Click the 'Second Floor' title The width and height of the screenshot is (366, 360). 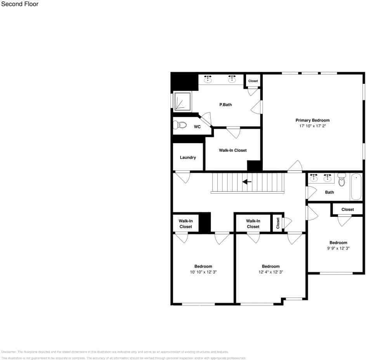[x=20, y=4]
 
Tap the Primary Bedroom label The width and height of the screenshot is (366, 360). [x=312, y=120]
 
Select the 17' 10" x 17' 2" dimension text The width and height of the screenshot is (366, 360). [x=312, y=126]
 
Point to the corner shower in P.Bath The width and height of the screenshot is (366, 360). [x=182, y=102]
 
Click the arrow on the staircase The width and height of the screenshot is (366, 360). [x=247, y=182]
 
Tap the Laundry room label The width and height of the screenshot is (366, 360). [x=188, y=157]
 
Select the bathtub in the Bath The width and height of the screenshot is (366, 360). [x=356, y=187]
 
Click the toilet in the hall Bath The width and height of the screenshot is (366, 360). [x=342, y=180]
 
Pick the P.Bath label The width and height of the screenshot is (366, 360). [x=225, y=104]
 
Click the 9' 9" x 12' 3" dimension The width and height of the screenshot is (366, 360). [x=338, y=248]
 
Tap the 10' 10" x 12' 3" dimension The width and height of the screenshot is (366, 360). [x=203, y=272]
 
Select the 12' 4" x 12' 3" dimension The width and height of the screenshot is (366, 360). [x=271, y=272]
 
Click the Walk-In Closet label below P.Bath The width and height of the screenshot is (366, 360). [x=232, y=150]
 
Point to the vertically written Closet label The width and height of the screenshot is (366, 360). [x=278, y=223]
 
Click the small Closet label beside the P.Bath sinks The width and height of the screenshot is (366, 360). [x=253, y=81]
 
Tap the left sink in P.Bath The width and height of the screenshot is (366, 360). [x=208, y=79]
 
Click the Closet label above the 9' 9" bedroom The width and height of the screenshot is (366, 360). [x=347, y=209]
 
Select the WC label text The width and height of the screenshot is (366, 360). [x=197, y=126]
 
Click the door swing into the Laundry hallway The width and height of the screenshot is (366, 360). [x=183, y=177]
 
